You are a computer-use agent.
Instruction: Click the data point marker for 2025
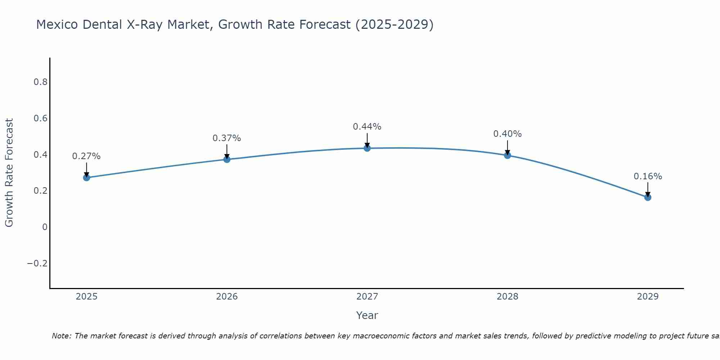coord(86,177)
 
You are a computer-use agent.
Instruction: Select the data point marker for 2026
coord(227,159)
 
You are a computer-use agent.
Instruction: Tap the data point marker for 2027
coord(367,148)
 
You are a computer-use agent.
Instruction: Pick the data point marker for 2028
coord(508,155)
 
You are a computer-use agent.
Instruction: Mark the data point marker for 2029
coord(648,197)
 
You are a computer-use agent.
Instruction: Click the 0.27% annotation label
coord(86,156)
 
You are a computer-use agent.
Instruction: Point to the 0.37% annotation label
coord(227,138)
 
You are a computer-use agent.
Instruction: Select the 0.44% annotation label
coord(367,127)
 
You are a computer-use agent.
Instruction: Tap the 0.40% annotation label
coord(508,134)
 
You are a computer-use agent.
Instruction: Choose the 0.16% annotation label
coord(648,176)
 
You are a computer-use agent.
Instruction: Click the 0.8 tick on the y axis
coord(40,82)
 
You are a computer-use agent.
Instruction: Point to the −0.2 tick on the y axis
coord(37,264)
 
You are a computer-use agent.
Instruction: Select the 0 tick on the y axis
coord(45,227)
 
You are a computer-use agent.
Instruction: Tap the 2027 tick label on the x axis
coord(367,297)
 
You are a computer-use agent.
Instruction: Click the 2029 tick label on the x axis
coord(648,297)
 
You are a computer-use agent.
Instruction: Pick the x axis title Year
coord(367,315)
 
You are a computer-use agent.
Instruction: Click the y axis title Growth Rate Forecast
coord(9,173)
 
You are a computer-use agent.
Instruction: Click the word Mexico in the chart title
coord(57,24)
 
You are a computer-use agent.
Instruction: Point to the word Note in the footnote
coord(61,336)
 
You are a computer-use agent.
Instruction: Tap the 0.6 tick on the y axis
coord(40,118)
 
